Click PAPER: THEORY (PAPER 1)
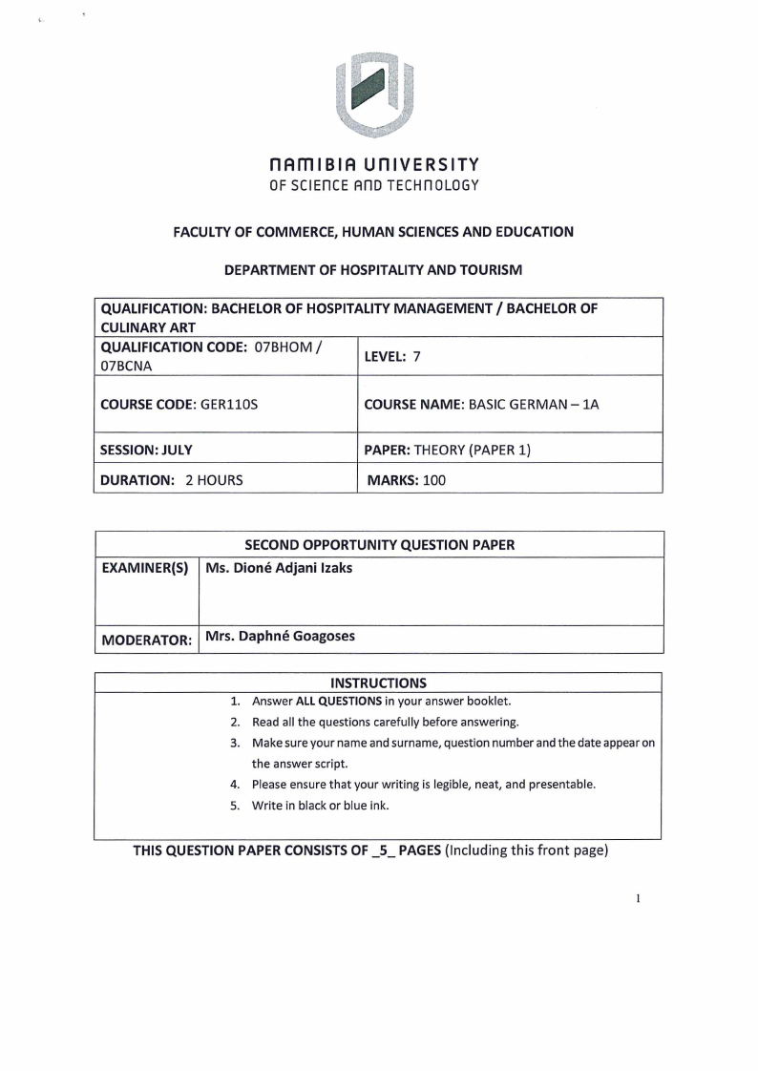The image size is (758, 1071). pyautogui.click(x=448, y=449)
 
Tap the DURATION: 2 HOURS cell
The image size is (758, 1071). pyautogui.click(x=172, y=480)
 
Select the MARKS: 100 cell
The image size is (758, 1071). pyautogui.click(x=407, y=480)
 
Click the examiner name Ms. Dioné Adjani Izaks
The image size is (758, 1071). pyautogui.click(x=279, y=569)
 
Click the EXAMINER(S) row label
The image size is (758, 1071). pyautogui.click(x=145, y=569)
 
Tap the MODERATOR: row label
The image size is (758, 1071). pyautogui.click(x=147, y=640)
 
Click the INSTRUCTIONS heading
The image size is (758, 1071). pyautogui.click(x=378, y=682)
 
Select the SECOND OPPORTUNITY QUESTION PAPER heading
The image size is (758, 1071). pyautogui.click(x=380, y=545)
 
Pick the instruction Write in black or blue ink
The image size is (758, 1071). pyautogui.click(x=321, y=805)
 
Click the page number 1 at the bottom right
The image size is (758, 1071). pyautogui.click(x=637, y=897)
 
